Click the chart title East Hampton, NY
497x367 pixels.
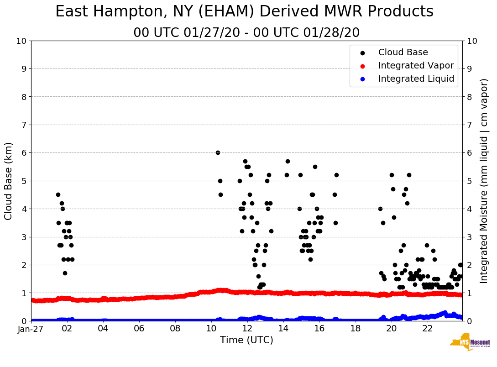click(x=244, y=12)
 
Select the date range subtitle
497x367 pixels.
click(x=246, y=33)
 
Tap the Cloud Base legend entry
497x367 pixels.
click(x=403, y=52)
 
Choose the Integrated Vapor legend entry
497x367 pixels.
click(x=416, y=66)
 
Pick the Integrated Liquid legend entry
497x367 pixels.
click(x=416, y=79)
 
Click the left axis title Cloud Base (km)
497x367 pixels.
click(x=9, y=181)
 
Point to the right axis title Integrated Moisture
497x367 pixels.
click(x=484, y=181)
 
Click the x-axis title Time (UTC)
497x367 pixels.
click(x=246, y=340)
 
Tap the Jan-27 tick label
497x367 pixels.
click(x=31, y=328)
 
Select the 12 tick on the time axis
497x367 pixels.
click(x=247, y=328)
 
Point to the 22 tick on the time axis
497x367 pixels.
click(x=427, y=328)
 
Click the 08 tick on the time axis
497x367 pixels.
click(x=175, y=328)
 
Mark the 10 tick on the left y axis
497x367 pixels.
click(x=21, y=41)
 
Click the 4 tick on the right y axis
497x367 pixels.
click(x=469, y=209)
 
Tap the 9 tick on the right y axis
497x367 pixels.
click(x=469, y=69)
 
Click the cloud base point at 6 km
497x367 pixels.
click(x=218, y=152)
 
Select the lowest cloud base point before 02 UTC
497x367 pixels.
click(x=65, y=273)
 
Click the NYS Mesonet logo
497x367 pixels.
click(x=470, y=344)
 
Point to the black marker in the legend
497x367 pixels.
click(x=362, y=52)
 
